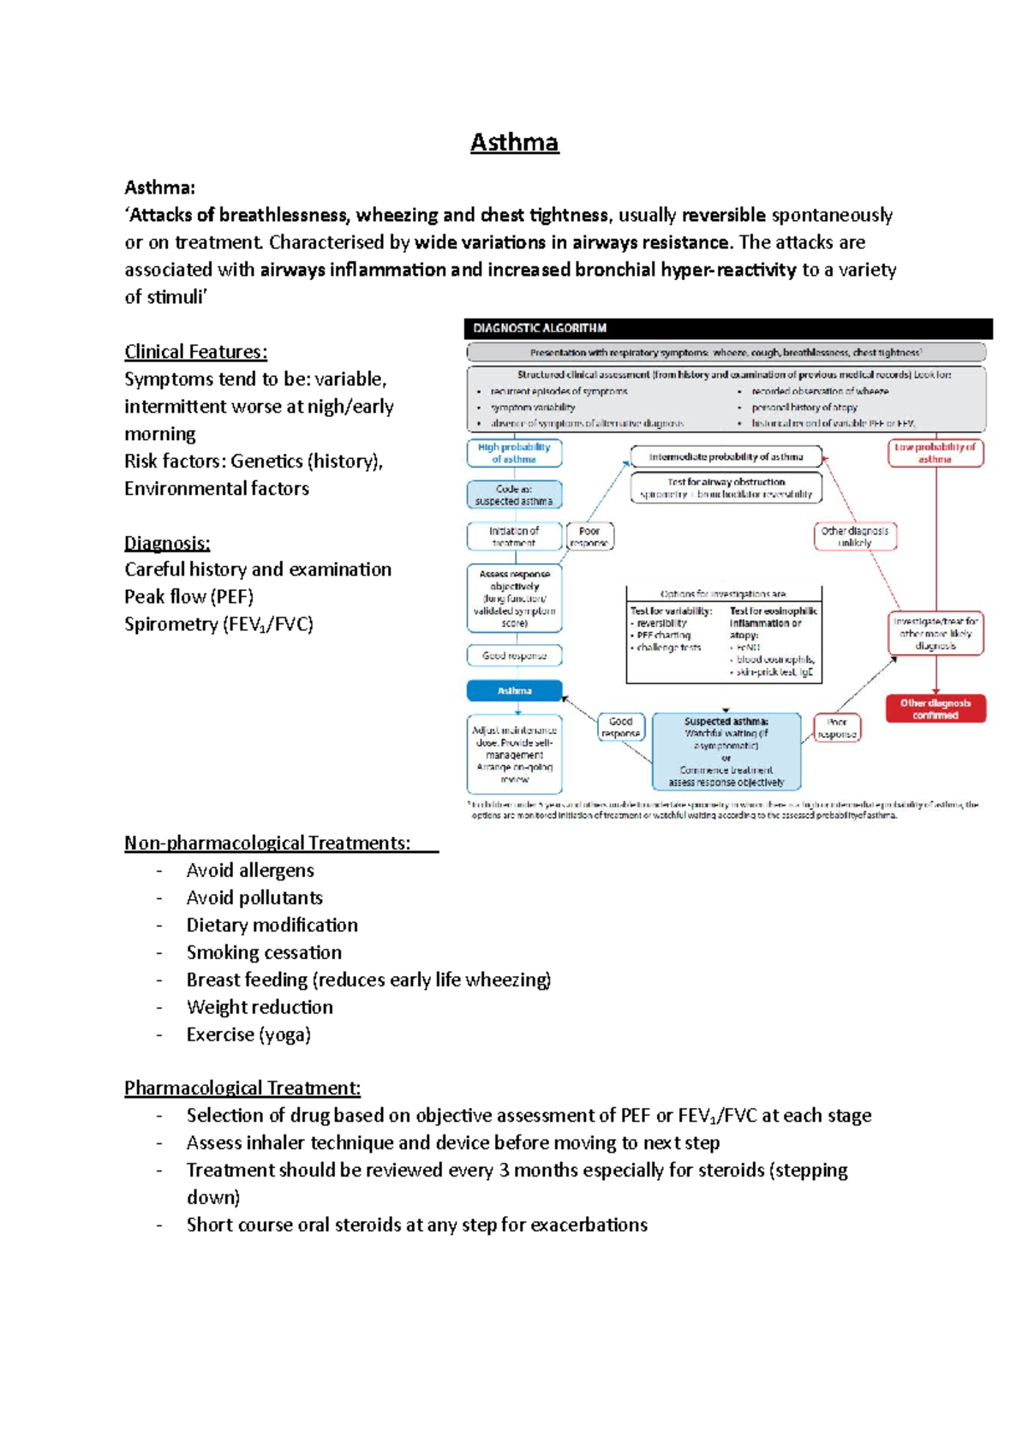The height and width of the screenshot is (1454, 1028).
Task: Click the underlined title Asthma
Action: [x=514, y=142]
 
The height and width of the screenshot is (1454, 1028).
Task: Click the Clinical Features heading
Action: [x=195, y=352]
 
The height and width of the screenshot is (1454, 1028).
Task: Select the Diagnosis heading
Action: [x=167, y=543]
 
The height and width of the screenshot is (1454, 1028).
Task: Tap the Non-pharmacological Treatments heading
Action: [x=267, y=843]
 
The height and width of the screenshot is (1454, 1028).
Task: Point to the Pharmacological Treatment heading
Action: [x=242, y=1088]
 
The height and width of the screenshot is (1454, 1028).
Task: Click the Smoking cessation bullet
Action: [x=264, y=952]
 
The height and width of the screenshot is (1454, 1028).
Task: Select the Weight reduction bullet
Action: [x=260, y=1007]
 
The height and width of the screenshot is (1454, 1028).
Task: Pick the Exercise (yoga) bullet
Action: [x=248, y=1034]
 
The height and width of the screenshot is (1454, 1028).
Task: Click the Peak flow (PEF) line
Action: [x=188, y=597]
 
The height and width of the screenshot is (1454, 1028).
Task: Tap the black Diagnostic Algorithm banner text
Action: [x=540, y=328]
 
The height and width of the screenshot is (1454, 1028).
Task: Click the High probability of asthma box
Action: [x=514, y=453]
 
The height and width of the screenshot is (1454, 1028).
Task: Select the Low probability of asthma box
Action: [x=935, y=453]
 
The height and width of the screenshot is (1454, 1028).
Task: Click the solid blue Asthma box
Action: [x=514, y=690]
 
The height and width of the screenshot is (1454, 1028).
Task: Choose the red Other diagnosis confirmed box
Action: [x=935, y=709]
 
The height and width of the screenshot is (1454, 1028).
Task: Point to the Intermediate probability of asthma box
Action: [x=726, y=457]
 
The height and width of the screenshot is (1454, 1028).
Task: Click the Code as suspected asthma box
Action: [x=514, y=495]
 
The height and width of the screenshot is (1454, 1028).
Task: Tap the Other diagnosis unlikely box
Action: [x=854, y=536]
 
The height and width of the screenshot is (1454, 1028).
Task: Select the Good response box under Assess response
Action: [x=514, y=656]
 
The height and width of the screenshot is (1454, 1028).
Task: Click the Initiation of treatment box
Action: [x=514, y=536]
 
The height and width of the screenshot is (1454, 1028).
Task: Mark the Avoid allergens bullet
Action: [x=250, y=871]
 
